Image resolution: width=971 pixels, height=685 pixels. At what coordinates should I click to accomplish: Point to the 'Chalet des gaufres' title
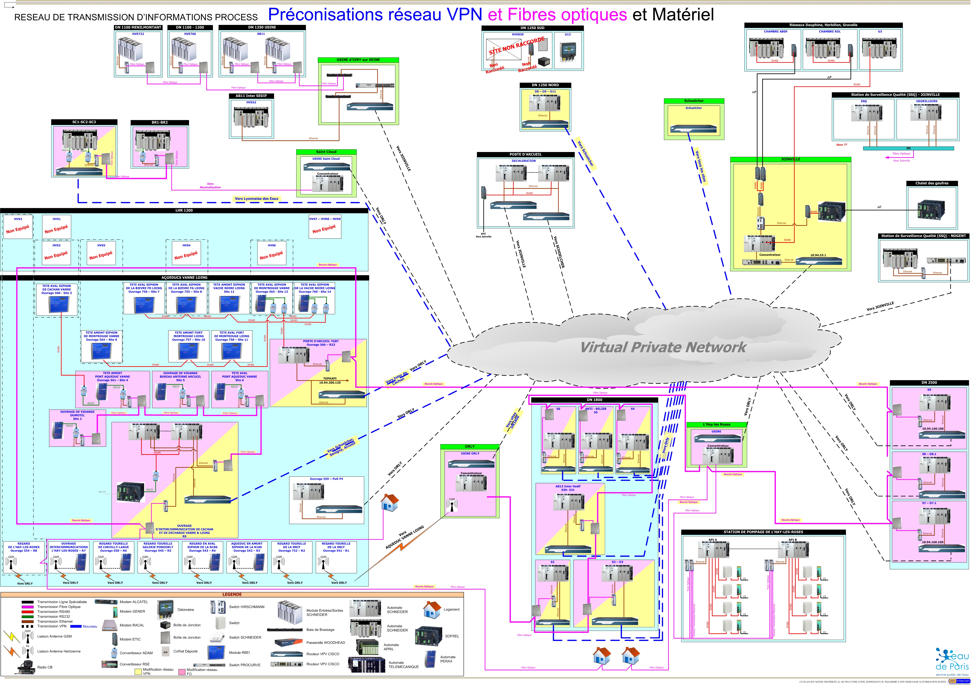932,183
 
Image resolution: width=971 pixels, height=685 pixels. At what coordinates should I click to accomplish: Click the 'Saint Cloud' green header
326,152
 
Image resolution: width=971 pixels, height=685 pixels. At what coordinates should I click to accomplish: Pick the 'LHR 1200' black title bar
184,211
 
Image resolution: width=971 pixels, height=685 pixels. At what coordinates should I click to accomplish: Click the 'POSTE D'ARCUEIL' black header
525,154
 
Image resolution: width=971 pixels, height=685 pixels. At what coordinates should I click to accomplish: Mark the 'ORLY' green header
469,447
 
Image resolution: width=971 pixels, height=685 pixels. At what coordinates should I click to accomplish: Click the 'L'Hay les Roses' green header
716,424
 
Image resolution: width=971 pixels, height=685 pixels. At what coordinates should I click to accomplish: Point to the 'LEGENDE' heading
232,594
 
